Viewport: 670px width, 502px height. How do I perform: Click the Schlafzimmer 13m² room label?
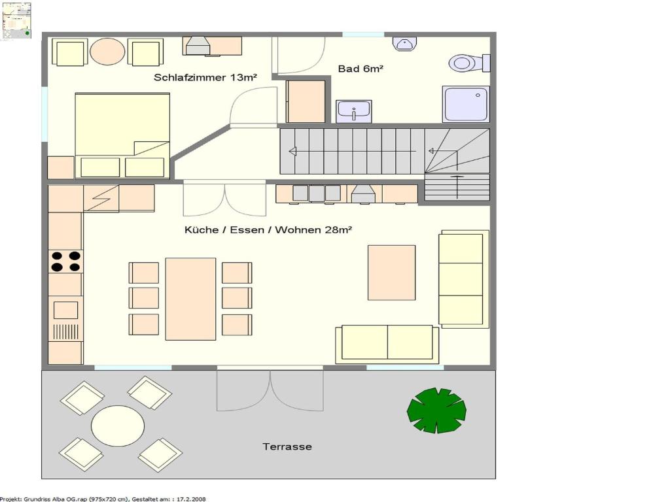205,78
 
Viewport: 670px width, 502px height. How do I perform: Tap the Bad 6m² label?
361,69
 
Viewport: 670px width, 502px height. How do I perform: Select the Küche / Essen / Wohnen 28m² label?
268,230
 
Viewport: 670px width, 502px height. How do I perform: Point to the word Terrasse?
287,447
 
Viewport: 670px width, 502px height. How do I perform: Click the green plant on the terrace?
436,410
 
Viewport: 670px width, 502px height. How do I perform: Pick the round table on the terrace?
118,426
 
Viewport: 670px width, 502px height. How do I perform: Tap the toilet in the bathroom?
469,63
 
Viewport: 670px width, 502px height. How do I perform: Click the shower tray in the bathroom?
466,104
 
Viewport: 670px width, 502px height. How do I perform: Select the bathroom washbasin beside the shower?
354,111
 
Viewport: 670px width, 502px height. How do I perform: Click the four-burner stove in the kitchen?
66,261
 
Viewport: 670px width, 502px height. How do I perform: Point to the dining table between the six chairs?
190,299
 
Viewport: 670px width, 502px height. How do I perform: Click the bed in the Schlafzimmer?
122,135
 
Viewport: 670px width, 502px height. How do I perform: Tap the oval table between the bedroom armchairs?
107,52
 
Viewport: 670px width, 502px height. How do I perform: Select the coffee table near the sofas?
391,273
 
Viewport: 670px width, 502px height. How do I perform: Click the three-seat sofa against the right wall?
464,279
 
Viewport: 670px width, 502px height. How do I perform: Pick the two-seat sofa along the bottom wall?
387,344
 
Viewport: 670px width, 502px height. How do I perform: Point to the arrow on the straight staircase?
353,152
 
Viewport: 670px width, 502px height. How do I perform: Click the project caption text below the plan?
103,499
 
